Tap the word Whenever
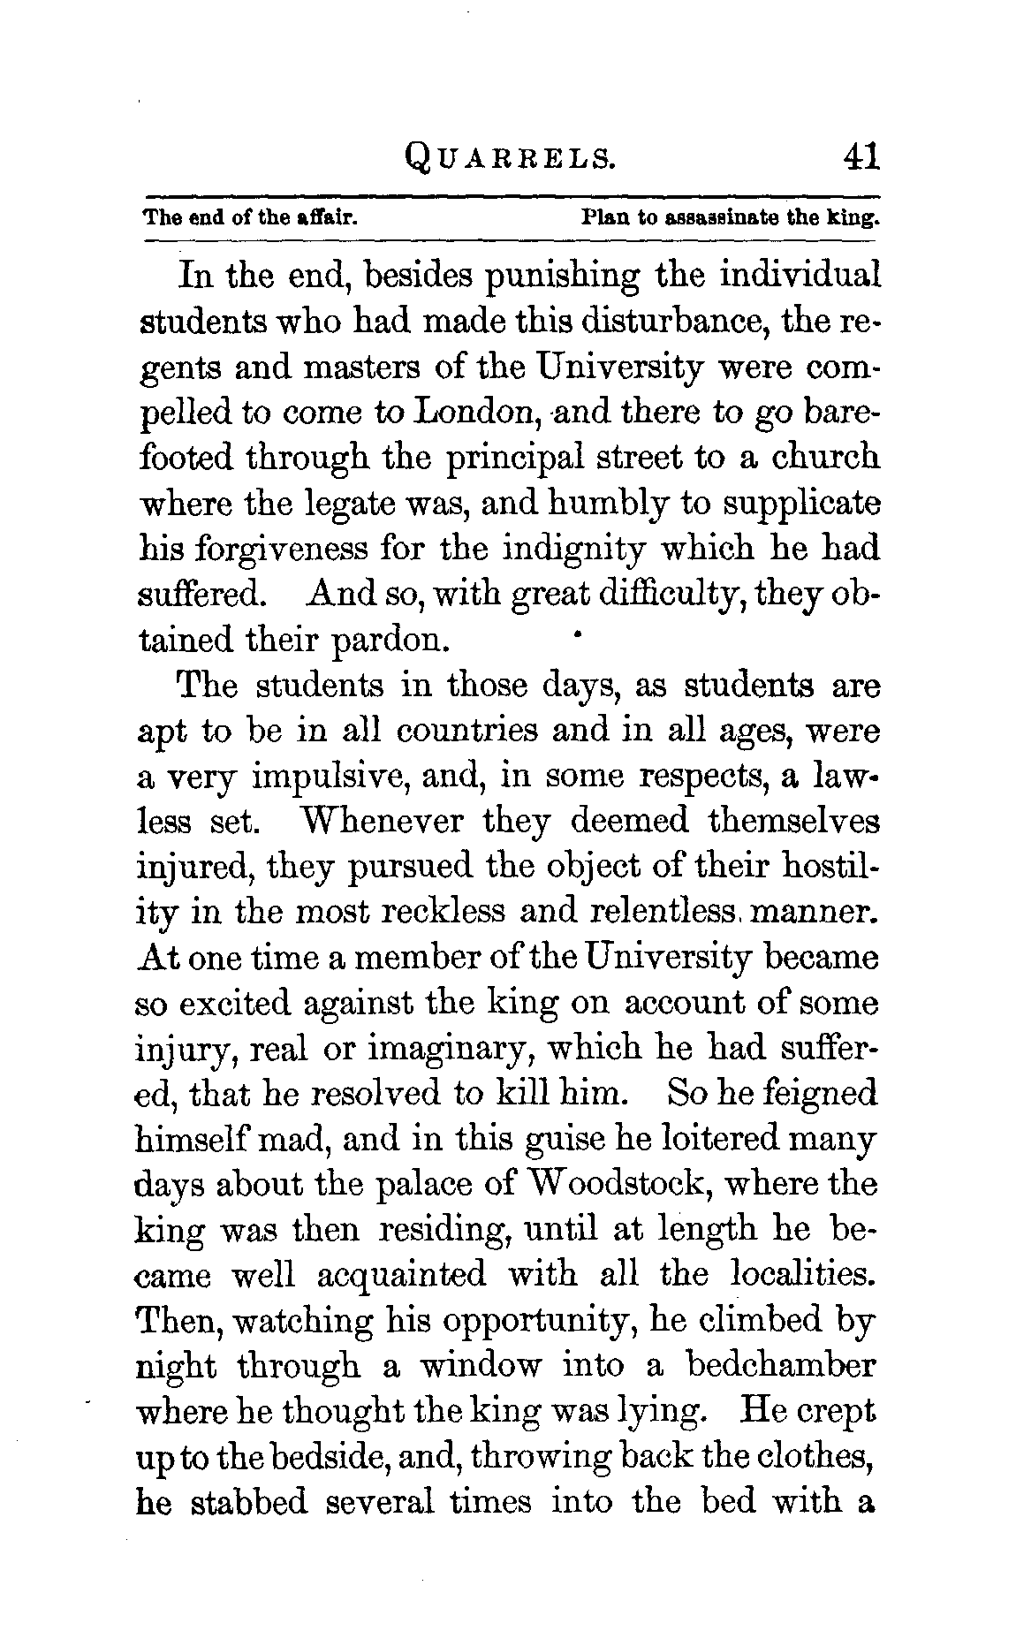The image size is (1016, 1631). click(383, 821)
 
